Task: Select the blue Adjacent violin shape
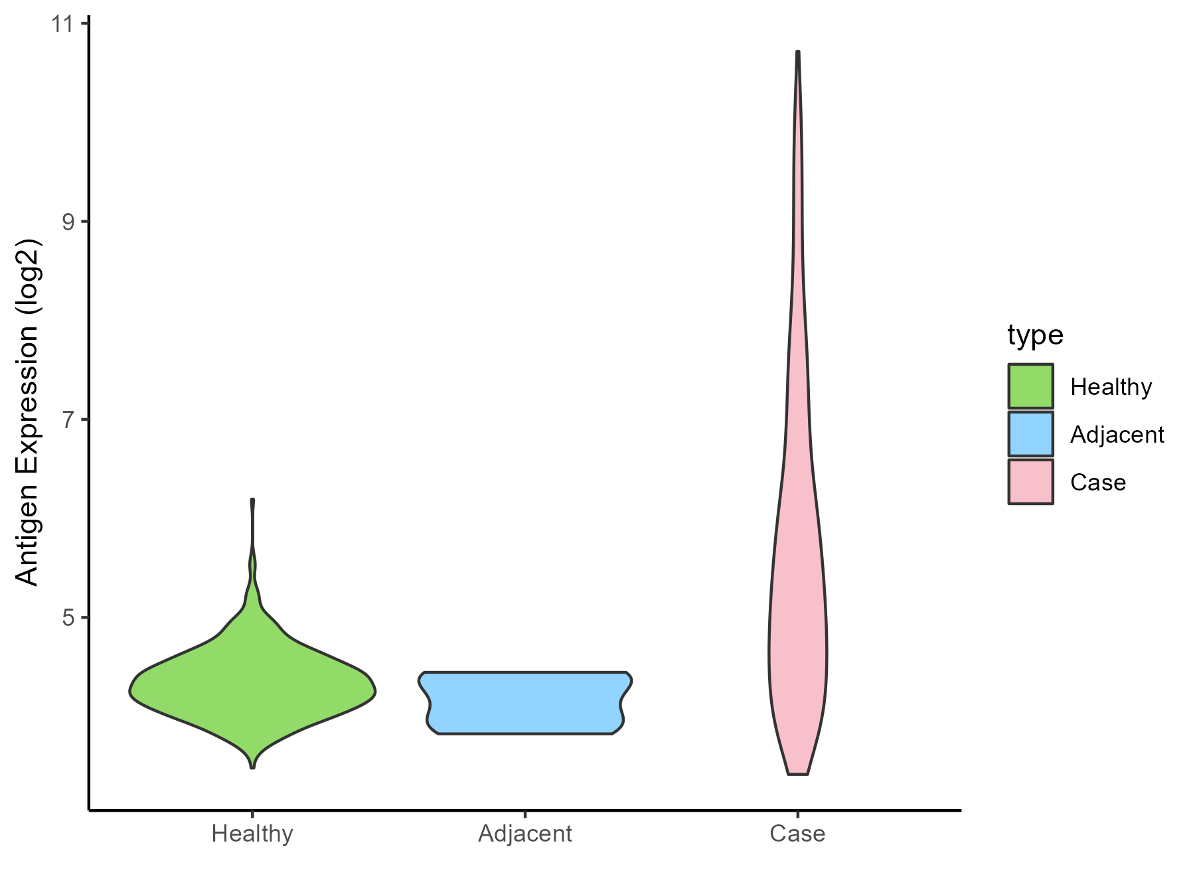[x=524, y=703]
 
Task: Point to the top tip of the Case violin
[x=798, y=52]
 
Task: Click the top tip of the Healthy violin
[x=253, y=500]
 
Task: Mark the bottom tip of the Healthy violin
[x=252, y=767]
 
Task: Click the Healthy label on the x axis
[x=252, y=834]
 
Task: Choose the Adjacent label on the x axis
[x=524, y=834]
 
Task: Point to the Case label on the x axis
[x=797, y=834]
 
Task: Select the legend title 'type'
[x=1035, y=335]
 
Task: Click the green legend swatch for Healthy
[x=1030, y=386]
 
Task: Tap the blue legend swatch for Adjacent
[x=1030, y=434]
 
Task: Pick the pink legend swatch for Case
[x=1030, y=482]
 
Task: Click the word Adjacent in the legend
[x=1117, y=435]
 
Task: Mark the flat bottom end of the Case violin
[x=797, y=774]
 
